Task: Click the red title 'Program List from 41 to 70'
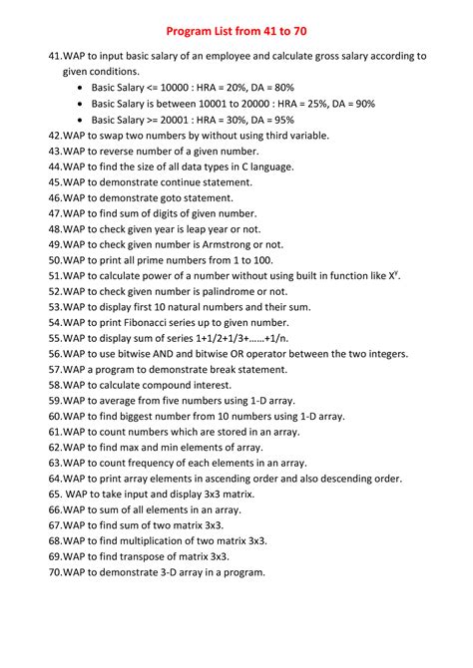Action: (236, 31)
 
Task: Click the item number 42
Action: (55, 136)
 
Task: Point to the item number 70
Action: (55, 573)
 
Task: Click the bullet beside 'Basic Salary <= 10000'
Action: (79, 88)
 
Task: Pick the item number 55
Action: (55, 339)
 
